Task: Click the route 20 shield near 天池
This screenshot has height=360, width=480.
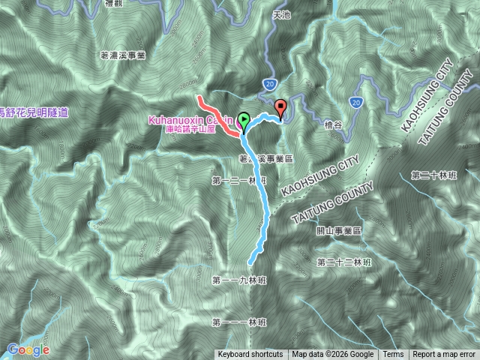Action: (271, 82)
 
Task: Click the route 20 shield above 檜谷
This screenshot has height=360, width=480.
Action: (355, 100)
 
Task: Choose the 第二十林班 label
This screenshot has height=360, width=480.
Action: (433, 175)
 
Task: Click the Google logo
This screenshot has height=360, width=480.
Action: (28, 349)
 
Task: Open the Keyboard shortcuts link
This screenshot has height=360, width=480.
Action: (250, 355)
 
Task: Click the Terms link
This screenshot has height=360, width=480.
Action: (392, 355)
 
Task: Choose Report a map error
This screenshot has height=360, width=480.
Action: (444, 355)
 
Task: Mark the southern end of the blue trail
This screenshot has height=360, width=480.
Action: (250, 262)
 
